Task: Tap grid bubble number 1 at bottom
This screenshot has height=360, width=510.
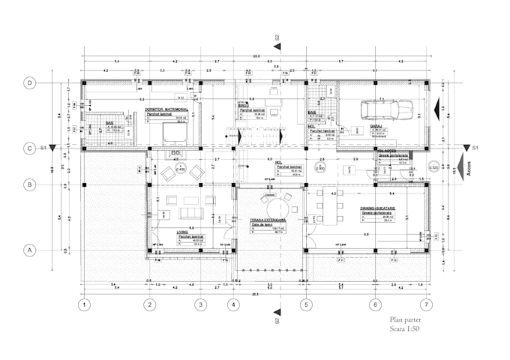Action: click(x=85, y=304)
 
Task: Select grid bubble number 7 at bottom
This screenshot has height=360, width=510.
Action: click(x=427, y=304)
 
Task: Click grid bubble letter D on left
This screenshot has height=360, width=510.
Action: click(x=30, y=83)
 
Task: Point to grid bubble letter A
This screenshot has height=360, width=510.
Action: click(x=30, y=250)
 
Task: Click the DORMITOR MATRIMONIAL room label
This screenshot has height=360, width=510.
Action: click(x=166, y=109)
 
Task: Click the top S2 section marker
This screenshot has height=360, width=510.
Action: click(x=277, y=37)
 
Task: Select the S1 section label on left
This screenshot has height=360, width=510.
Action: click(x=43, y=148)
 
